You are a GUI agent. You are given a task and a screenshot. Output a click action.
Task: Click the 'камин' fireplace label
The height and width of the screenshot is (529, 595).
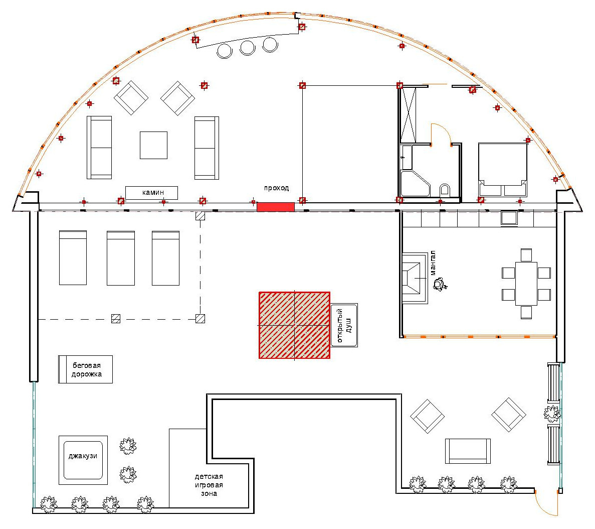coord(153,192)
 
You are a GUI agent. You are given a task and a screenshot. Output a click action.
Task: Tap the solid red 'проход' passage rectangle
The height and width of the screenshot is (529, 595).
coord(276,207)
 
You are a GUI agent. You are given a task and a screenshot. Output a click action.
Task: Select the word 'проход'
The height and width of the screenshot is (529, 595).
coord(276,188)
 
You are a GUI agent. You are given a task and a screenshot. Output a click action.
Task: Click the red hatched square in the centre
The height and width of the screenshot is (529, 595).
coord(294,325)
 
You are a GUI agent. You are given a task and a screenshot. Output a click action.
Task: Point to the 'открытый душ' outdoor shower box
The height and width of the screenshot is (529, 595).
coord(344,325)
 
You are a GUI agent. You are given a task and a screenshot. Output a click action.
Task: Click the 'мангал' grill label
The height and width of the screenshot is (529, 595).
coord(433,262)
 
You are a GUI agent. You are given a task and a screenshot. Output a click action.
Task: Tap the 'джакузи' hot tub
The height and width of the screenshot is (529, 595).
coord(83,460)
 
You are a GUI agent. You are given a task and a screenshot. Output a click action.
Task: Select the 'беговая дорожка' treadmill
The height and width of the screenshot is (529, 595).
coord(85,369)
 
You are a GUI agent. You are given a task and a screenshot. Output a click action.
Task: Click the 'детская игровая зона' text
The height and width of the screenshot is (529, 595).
coord(209,485)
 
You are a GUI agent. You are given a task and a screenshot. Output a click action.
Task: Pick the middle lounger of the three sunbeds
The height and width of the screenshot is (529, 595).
coord(121,257)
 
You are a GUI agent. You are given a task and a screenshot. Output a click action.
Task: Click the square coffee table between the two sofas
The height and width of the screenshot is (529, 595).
coord(154,145)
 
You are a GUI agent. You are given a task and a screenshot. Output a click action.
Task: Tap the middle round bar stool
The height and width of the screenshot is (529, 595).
coord(248,48)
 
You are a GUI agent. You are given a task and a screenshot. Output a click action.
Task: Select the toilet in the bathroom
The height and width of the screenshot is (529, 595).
coord(445,190)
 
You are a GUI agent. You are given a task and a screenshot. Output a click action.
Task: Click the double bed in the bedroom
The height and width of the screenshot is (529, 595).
coord(503,170)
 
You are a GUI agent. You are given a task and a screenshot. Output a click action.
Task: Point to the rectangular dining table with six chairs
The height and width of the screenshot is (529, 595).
coord(526,284)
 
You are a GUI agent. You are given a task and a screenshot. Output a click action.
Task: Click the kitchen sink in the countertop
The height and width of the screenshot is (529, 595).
coord(509,218)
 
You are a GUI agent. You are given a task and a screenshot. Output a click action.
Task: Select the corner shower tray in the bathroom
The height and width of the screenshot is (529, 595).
coord(415,184)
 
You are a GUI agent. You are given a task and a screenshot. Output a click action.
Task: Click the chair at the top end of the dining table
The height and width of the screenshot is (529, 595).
coord(526,254)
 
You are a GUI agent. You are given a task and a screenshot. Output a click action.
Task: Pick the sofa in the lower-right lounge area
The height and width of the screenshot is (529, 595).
coord(468,451)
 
